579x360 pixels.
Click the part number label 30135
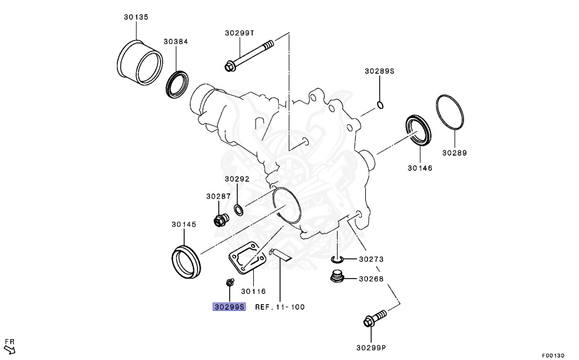(136, 18)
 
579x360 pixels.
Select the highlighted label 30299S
(229, 307)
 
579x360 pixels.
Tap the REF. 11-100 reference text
(280, 307)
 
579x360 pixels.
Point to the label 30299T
(240, 33)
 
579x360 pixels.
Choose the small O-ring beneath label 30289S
(381, 105)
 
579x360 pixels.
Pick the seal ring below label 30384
(177, 84)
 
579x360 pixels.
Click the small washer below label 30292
(239, 211)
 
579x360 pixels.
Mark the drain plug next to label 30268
(337, 277)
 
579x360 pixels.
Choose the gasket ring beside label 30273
(336, 259)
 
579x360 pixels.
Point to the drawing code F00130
(552, 355)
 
